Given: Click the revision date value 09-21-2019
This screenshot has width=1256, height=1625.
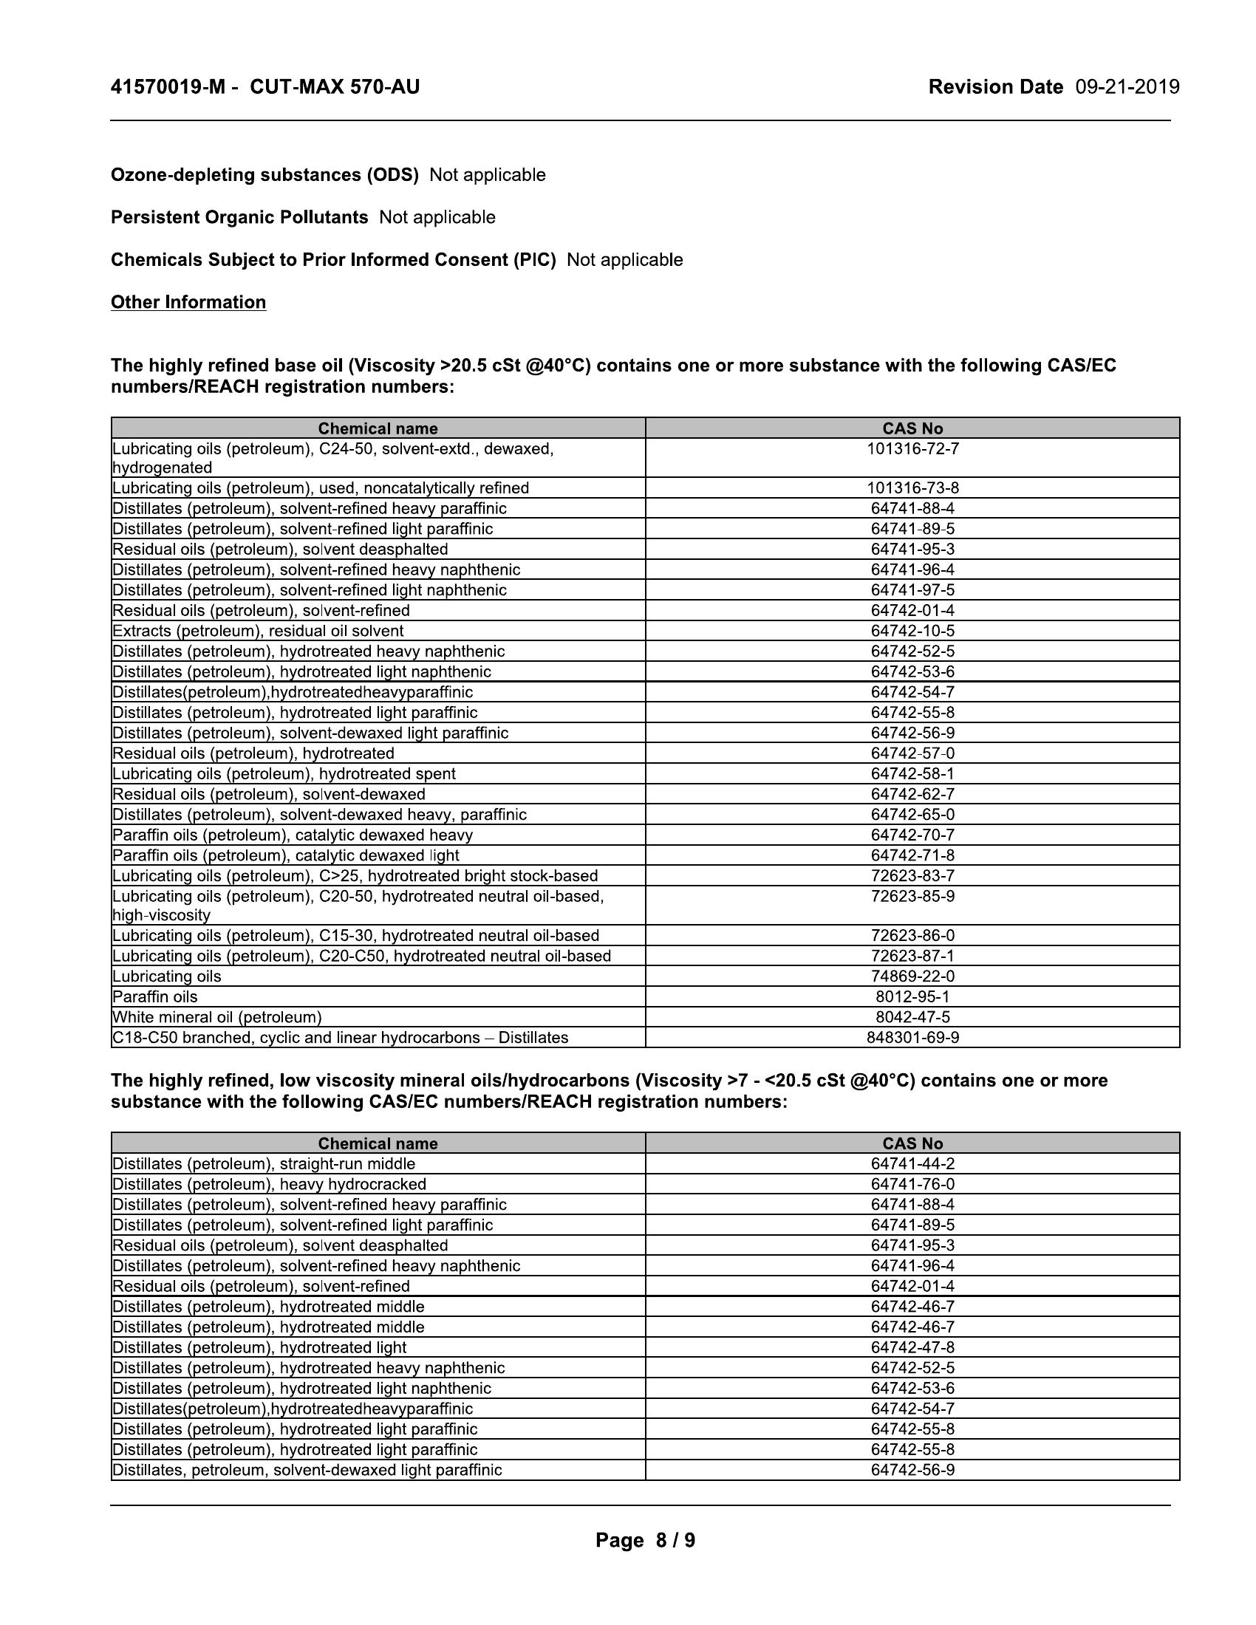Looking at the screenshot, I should click(1127, 87).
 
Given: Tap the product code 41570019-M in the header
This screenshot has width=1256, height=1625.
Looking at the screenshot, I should click(168, 87).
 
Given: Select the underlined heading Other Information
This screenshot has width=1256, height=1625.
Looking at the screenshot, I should click(188, 302).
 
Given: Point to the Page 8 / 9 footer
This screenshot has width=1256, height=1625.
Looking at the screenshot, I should click(645, 1539).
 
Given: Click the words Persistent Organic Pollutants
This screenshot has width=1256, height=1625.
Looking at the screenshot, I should click(239, 217).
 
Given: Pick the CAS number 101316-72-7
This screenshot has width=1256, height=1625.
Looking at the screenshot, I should click(912, 448).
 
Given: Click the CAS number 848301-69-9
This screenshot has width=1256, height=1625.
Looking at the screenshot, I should click(912, 1037).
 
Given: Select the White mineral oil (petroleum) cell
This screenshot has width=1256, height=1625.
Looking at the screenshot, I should click(217, 1017).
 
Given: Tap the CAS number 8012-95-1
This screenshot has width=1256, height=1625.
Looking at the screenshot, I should click(912, 996).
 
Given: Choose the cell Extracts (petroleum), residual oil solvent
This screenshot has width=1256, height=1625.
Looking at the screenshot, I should click(258, 631).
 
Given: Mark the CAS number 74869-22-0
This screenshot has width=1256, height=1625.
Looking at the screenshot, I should click(912, 976).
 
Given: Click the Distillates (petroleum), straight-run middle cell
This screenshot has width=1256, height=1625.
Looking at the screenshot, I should click(264, 1163).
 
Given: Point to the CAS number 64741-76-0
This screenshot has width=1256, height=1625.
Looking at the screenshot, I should click(912, 1184).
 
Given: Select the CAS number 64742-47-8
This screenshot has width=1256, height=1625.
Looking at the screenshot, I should click(912, 1347).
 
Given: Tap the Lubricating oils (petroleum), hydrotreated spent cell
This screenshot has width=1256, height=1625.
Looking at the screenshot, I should click(284, 774).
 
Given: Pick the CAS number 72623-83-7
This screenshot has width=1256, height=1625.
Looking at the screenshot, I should click(912, 876).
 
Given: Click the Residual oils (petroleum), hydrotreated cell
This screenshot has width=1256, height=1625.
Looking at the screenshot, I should click(253, 753).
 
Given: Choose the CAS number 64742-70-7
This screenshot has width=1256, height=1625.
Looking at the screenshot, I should click(912, 835).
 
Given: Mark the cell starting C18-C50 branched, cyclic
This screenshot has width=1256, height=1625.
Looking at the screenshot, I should click(340, 1037).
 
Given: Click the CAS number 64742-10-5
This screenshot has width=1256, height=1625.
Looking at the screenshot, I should click(912, 631).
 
